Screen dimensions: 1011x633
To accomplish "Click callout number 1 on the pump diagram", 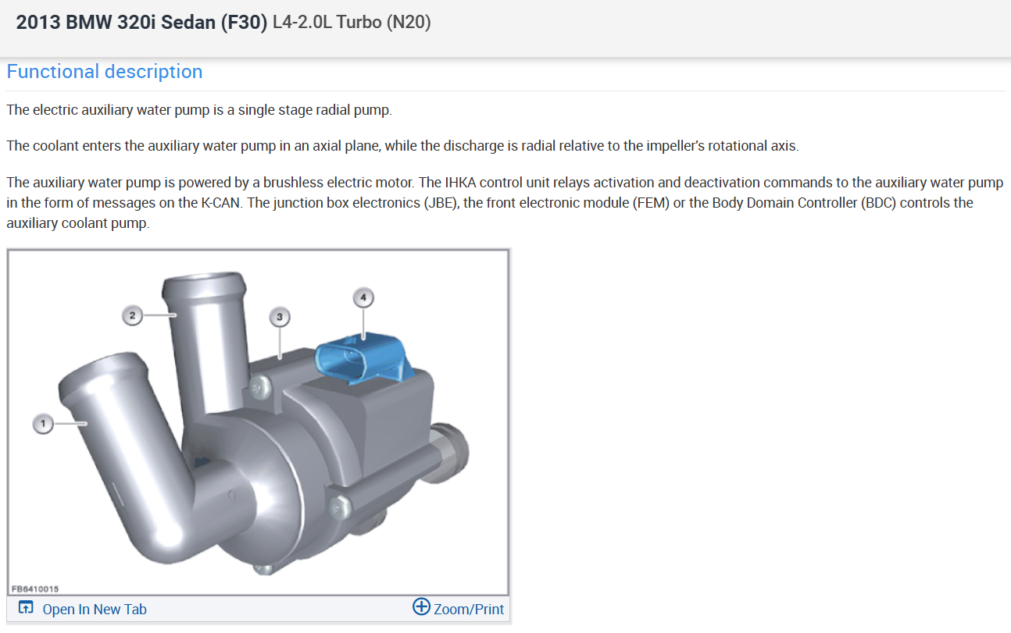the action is (x=43, y=424).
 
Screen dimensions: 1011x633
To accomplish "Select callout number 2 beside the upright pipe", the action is (x=132, y=315).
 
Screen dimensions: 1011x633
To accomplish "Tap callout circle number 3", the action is (x=280, y=317).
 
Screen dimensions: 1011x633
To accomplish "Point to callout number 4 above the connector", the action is (x=363, y=297).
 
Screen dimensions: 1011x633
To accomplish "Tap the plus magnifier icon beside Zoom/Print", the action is (x=422, y=606).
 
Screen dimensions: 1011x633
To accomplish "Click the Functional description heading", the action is (x=105, y=72).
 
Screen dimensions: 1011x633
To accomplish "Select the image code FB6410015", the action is (x=35, y=589).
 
